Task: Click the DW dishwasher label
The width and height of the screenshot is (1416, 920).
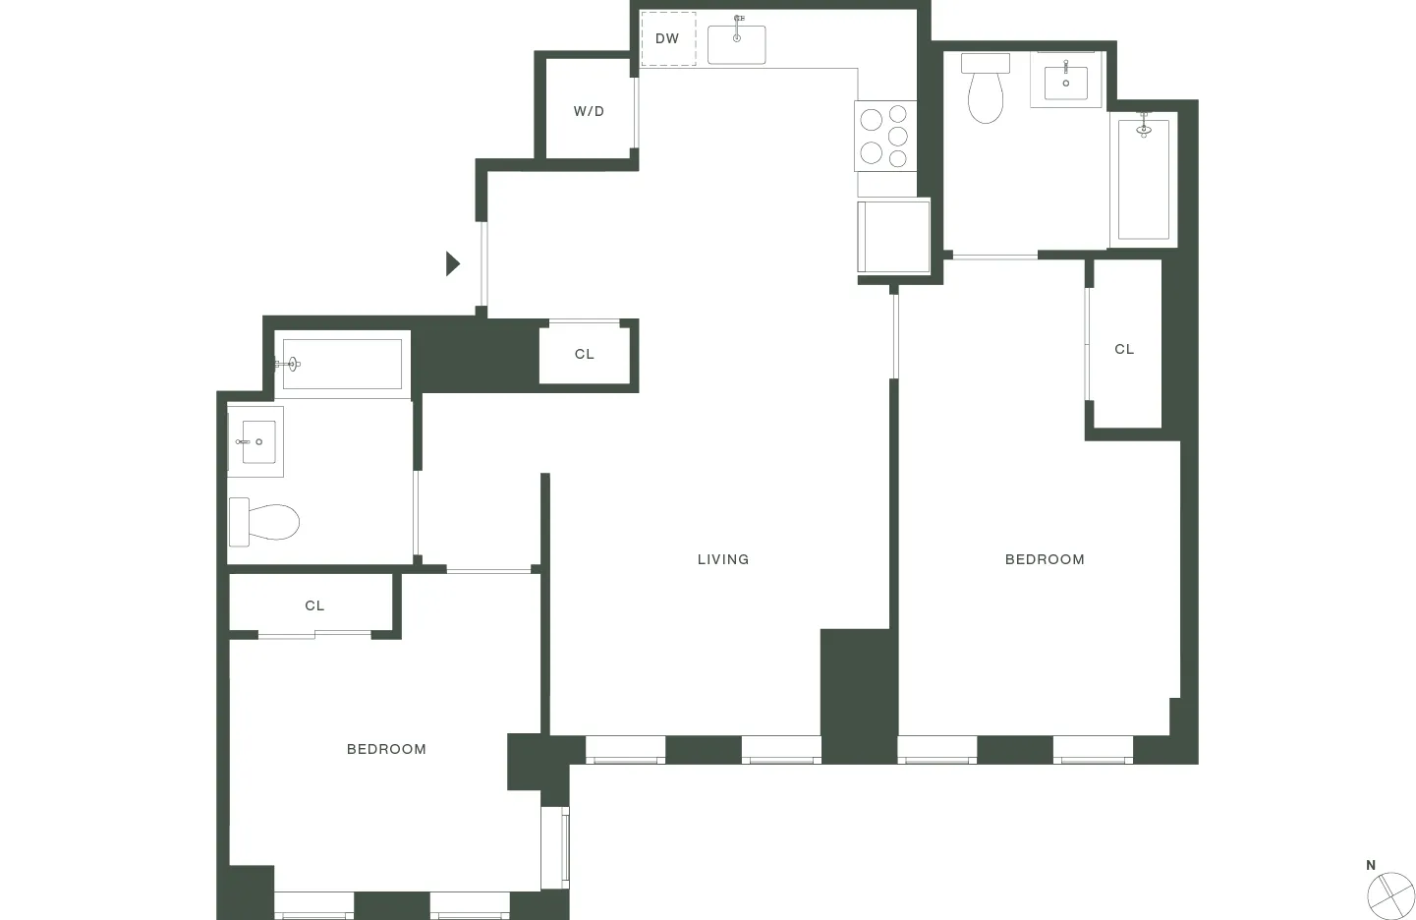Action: (x=667, y=39)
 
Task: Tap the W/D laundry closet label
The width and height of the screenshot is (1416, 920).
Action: (x=589, y=111)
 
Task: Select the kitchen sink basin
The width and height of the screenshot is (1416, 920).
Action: (x=736, y=44)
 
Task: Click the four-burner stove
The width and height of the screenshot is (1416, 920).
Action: (x=884, y=136)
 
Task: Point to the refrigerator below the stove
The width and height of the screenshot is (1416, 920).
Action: (x=893, y=237)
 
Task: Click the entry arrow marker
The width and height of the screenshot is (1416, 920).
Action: (x=453, y=263)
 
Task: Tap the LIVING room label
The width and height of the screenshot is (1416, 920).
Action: (x=723, y=559)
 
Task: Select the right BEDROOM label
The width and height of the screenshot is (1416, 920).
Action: (x=1045, y=559)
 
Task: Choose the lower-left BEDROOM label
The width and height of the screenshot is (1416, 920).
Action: (x=386, y=749)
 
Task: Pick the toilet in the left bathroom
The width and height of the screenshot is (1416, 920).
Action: (x=265, y=522)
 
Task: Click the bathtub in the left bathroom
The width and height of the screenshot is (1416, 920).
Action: (x=342, y=365)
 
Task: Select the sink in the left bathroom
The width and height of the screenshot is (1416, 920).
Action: (x=255, y=442)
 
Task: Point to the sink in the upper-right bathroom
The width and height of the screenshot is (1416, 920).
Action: (x=1065, y=79)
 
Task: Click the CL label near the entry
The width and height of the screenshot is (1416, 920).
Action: (x=585, y=354)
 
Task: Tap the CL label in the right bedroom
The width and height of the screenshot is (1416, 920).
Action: (x=1124, y=349)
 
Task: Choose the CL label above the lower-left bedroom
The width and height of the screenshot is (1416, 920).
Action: (x=314, y=605)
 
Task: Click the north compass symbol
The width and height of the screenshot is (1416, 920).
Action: (x=1389, y=894)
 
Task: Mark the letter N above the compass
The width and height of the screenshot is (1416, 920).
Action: (x=1371, y=865)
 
